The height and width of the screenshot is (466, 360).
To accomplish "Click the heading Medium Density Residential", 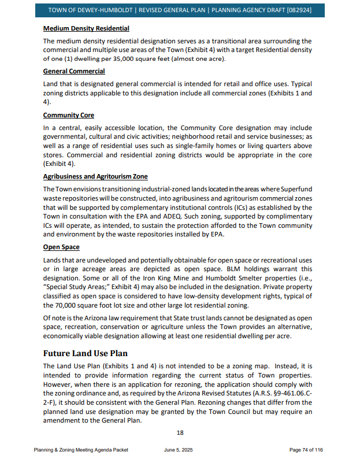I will (86, 28).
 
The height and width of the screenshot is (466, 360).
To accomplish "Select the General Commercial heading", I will (74, 71).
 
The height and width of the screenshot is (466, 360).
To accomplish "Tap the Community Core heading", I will (69, 115).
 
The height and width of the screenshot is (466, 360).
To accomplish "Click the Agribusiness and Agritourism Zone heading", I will (95, 176).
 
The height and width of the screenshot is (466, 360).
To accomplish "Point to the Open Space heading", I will (61, 247).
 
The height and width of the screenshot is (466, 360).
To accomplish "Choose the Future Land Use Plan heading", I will (86, 353).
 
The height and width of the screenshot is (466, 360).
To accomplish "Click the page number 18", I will (180, 432).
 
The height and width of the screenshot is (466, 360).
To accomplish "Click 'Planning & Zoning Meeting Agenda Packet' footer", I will (81, 450).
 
